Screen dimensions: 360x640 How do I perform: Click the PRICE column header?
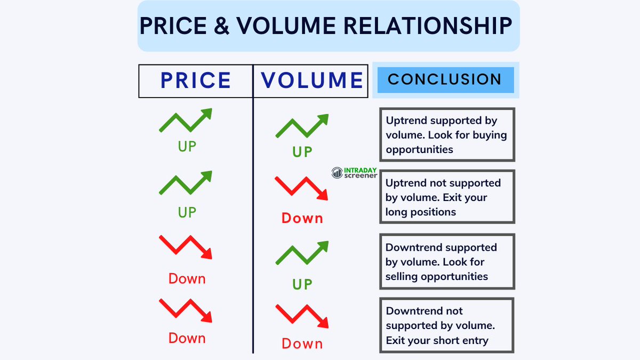[x=196, y=81]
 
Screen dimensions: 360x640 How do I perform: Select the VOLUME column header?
[x=311, y=81]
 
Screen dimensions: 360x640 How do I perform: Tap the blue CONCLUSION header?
[x=445, y=80]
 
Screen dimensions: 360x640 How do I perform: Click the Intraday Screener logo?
[x=354, y=173]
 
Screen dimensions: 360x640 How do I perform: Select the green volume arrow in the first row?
[x=302, y=126]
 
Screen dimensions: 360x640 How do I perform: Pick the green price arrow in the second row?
[x=186, y=183]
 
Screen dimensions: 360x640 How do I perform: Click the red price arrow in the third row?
[x=186, y=247]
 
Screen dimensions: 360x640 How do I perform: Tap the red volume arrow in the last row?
[x=302, y=316]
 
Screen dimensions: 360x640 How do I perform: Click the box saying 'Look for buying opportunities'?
[x=447, y=135]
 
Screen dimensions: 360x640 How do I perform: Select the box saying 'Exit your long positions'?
[x=447, y=197]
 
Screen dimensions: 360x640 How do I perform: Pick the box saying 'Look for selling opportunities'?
[x=447, y=262]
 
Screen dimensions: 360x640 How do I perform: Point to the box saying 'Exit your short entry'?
[x=447, y=325]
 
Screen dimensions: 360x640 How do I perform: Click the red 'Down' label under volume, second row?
[x=302, y=218]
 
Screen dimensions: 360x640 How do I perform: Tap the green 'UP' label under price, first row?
[x=187, y=146]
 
